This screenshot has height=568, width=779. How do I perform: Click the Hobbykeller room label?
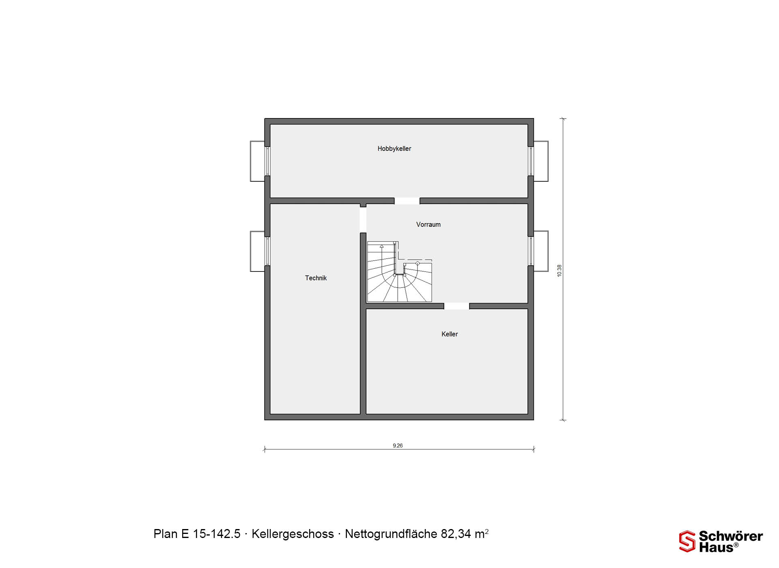394,149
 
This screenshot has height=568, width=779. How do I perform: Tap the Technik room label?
316,278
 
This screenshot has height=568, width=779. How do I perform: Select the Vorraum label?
428,224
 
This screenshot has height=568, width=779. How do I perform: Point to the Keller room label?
450,334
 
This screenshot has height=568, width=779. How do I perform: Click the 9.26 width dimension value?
398,445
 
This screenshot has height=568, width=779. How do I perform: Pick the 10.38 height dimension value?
560,271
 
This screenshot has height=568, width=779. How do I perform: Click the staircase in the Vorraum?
400,272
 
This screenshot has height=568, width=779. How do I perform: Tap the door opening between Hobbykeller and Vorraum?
407,201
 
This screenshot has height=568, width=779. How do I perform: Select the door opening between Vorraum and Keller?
456,306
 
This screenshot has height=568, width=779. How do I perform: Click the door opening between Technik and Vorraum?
363,220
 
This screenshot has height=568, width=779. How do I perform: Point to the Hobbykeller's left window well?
258,161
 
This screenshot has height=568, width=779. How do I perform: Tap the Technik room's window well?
258,251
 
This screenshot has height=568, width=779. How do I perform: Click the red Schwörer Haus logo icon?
687,541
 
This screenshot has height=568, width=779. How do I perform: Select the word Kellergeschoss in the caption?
293,534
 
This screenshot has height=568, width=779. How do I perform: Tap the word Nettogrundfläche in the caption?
391,534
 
